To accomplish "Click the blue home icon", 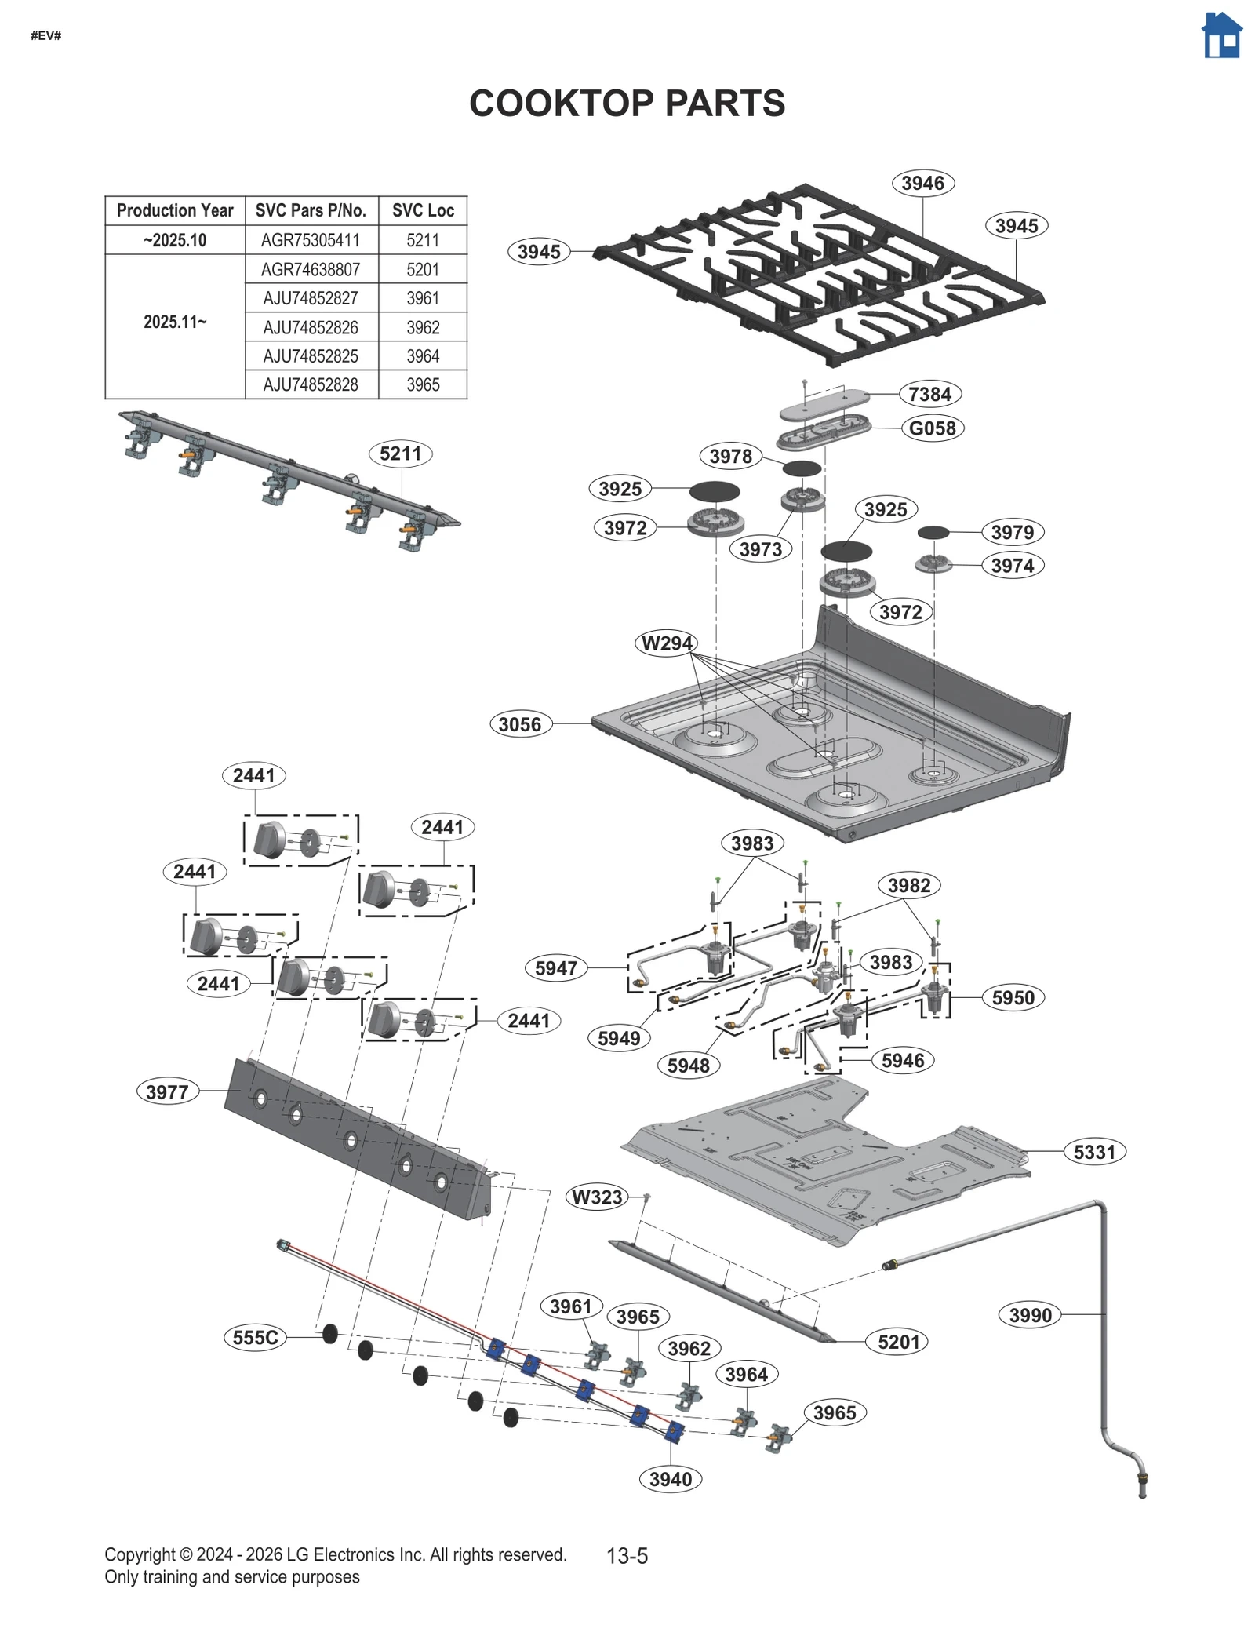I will click(x=1221, y=35).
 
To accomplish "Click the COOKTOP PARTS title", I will click(x=627, y=104).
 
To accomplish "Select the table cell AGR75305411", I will click(x=311, y=240).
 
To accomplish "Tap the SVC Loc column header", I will click(x=423, y=210).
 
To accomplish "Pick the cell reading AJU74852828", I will click(x=311, y=384).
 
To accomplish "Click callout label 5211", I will click(x=400, y=454).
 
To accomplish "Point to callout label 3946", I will click(x=922, y=184).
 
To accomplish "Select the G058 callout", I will click(x=932, y=428).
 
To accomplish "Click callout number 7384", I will click(x=929, y=394).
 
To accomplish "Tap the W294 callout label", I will click(x=667, y=643).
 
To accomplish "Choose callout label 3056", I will click(x=520, y=724).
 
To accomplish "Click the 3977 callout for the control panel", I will click(x=167, y=1091).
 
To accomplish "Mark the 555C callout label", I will click(x=256, y=1337).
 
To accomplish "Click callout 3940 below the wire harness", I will click(x=671, y=1479).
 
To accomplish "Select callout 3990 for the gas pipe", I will click(x=1030, y=1315).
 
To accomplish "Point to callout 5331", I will click(x=1094, y=1152).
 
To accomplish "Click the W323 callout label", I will click(x=597, y=1197).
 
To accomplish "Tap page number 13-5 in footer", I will click(x=627, y=1555).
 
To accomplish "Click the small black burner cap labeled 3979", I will click(x=933, y=533).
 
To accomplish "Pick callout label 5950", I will click(x=1013, y=998).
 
